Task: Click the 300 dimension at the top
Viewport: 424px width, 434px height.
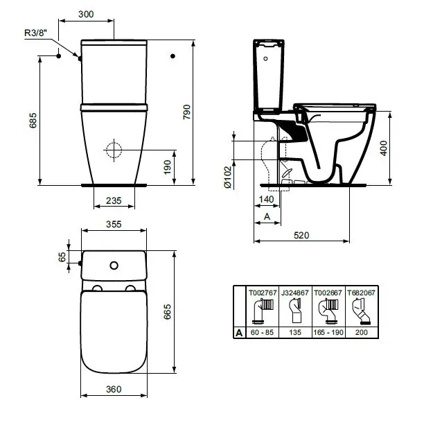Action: point(86,14)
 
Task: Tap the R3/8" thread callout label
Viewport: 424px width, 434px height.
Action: point(35,33)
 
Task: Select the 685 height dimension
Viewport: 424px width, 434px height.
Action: point(33,121)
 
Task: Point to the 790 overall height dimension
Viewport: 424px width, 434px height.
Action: point(187,112)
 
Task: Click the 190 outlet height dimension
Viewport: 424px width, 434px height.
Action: point(168,167)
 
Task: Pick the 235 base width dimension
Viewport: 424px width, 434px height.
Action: point(114,200)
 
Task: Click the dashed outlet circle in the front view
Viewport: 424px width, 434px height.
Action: point(114,150)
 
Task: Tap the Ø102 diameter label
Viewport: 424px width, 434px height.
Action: point(228,177)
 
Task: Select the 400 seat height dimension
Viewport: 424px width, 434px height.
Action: point(384,148)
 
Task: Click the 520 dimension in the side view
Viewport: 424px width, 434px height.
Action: point(301,235)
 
